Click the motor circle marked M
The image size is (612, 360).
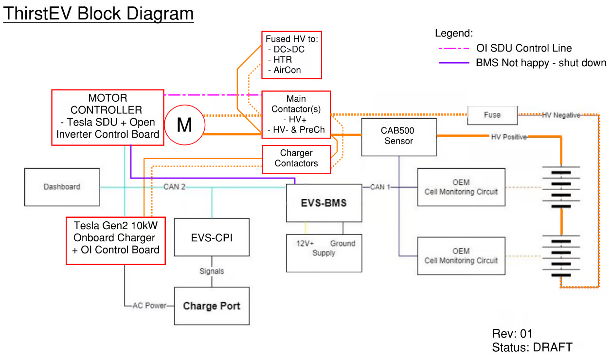point(184,126)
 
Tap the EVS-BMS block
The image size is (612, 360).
point(324,203)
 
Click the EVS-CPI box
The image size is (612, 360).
point(212,237)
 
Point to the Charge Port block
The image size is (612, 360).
point(212,306)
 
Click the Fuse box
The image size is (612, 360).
point(492,115)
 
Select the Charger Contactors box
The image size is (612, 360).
point(296,159)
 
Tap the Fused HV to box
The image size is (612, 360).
point(291,54)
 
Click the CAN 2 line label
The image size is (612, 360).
point(174,187)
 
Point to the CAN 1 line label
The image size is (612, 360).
point(380,187)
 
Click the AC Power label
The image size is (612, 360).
point(149,306)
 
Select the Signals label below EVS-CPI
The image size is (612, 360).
point(212,271)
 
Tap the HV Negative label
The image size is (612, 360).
point(561,115)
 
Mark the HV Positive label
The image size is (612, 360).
point(508,137)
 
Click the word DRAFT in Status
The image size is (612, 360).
point(553,347)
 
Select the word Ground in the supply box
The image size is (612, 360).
point(342,243)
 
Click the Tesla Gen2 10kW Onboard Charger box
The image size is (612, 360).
point(116,241)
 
